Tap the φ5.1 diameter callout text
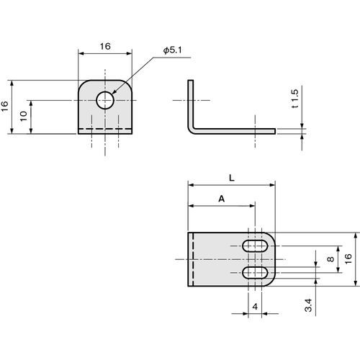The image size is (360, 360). pos(172,50)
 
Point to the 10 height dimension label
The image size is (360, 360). pos(24,116)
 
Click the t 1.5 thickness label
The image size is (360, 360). pos(295,99)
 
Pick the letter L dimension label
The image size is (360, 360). pos(232,178)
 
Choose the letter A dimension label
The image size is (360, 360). pos(222,199)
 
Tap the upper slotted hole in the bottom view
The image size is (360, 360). pos(255,246)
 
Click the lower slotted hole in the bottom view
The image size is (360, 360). pos(255,273)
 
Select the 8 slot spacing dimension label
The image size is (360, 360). pos(330,259)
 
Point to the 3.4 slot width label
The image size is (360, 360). pos(308,305)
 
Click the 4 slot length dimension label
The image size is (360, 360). pos(255,307)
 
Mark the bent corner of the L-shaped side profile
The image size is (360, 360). pos(191,130)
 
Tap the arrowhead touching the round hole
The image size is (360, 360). pos(114,92)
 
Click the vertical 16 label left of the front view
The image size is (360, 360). pos(5,106)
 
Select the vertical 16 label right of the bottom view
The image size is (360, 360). pos(348,259)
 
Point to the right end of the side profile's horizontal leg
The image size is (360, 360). pos(275,131)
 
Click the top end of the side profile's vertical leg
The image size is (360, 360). pos(190,81)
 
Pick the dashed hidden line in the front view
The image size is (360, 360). pos(105,129)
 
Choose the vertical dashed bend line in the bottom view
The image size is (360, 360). pos(193,259)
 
